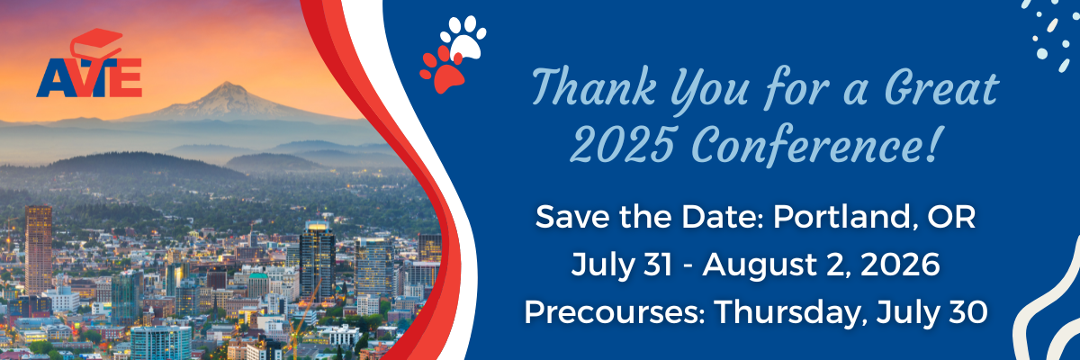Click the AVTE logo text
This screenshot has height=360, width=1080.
coord(89,77)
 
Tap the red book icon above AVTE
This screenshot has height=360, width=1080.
coord(96,43)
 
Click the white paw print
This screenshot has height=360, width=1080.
coord(463,37)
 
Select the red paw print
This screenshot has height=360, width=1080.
coord(442,70)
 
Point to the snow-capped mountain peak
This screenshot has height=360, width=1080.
coord(227,86)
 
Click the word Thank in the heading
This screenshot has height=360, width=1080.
coord(594,87)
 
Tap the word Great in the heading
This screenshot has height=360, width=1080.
coord(941,87)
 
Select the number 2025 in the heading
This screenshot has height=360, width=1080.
coord(622,145)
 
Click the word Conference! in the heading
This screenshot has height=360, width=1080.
coord(815,145)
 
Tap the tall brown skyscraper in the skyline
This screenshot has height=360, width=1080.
coord(39,249)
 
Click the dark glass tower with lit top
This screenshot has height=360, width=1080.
coord(317,260)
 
